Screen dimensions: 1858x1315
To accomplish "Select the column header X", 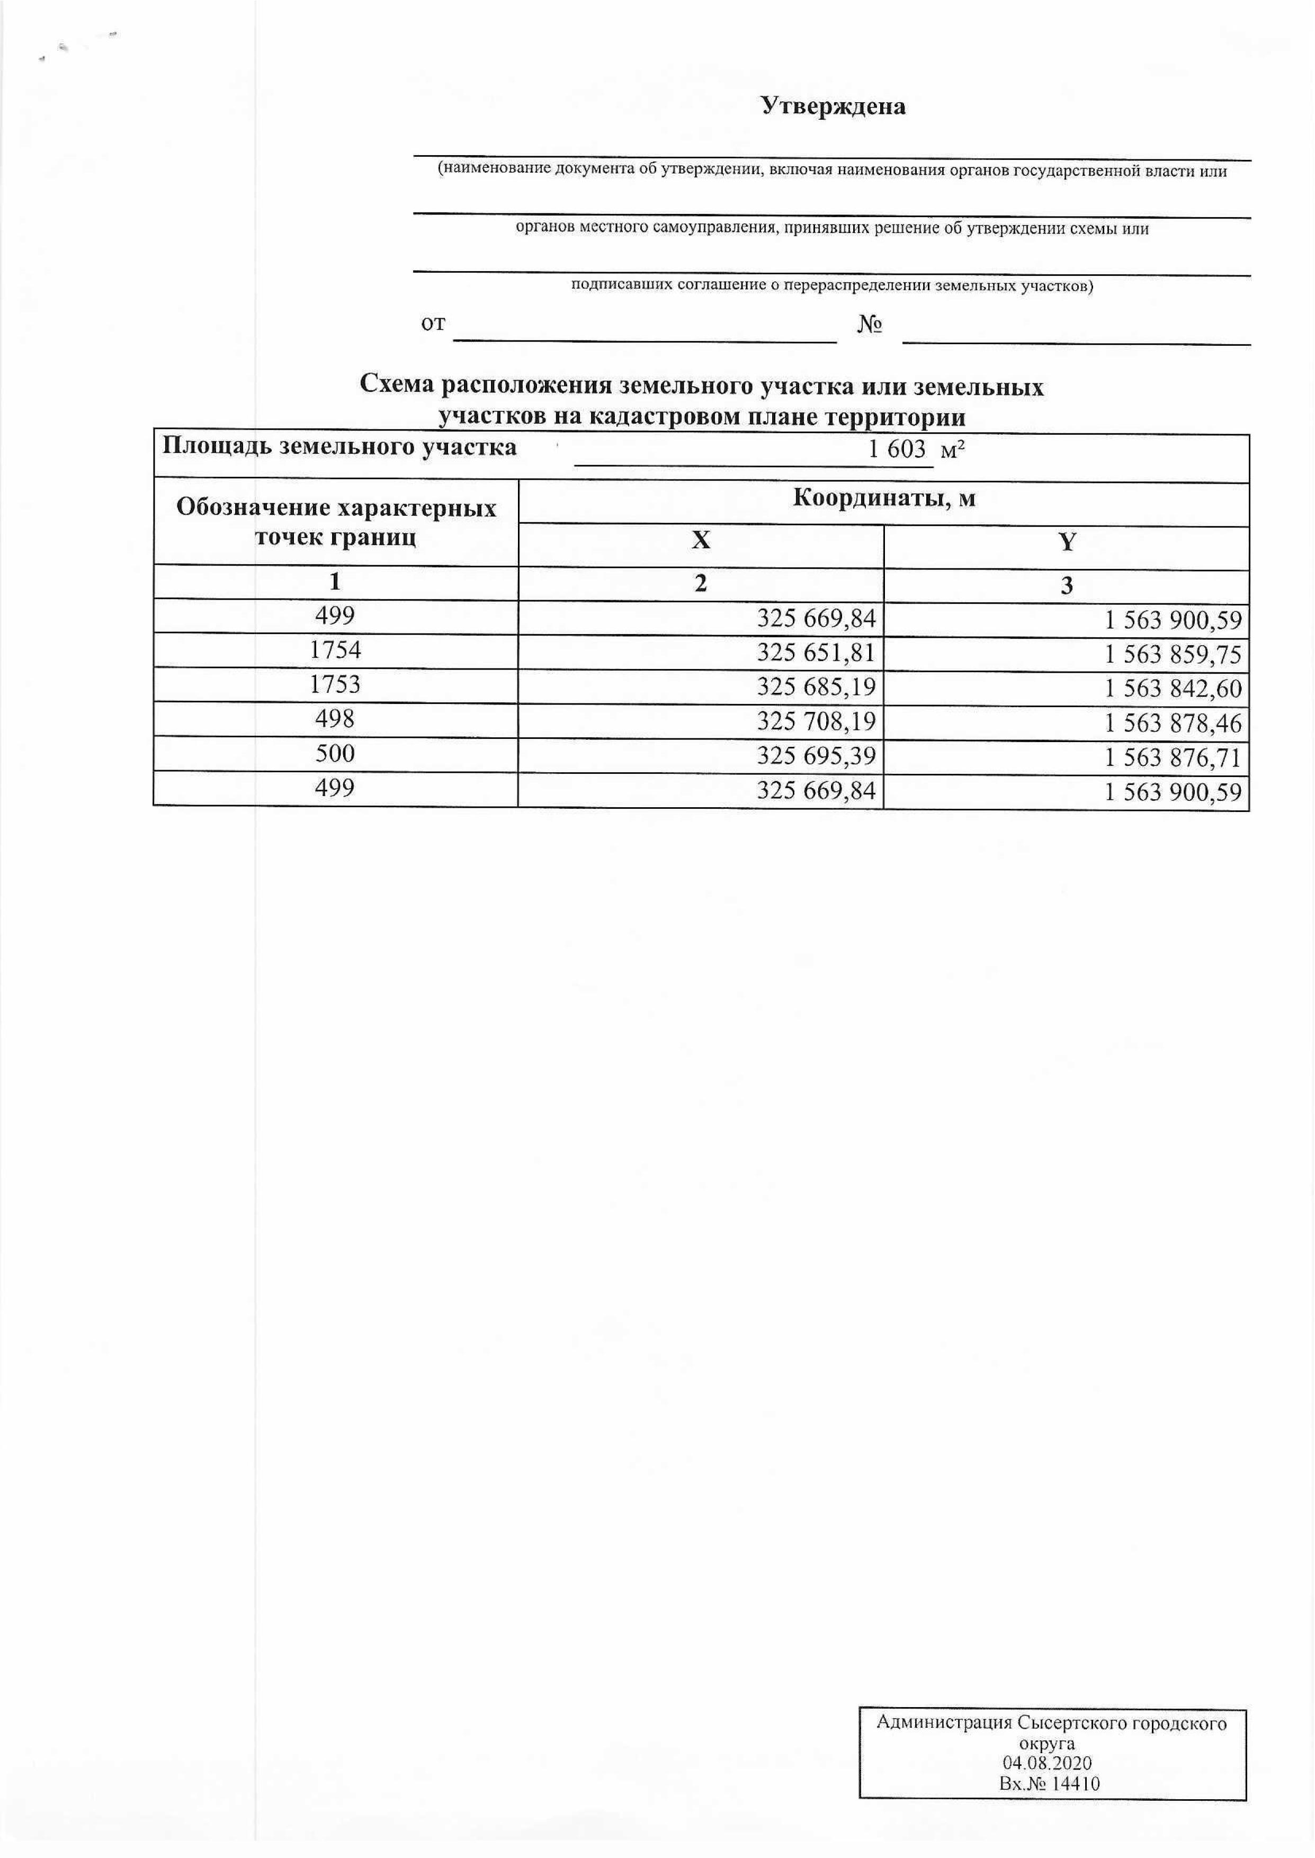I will pos(701,541).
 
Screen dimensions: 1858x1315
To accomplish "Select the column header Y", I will pos(1067,542).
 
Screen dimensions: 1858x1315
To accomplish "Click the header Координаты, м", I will pos(883,498).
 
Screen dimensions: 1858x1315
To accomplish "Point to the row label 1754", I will pos(335,650).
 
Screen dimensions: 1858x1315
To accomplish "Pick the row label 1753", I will pos(335,685).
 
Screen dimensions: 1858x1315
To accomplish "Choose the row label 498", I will pos(335,719).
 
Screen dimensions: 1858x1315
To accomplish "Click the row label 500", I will pos(335,754).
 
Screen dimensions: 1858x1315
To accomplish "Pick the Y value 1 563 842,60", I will pos(1173,690).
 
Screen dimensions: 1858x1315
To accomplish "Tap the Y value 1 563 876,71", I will pos(1173,758).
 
